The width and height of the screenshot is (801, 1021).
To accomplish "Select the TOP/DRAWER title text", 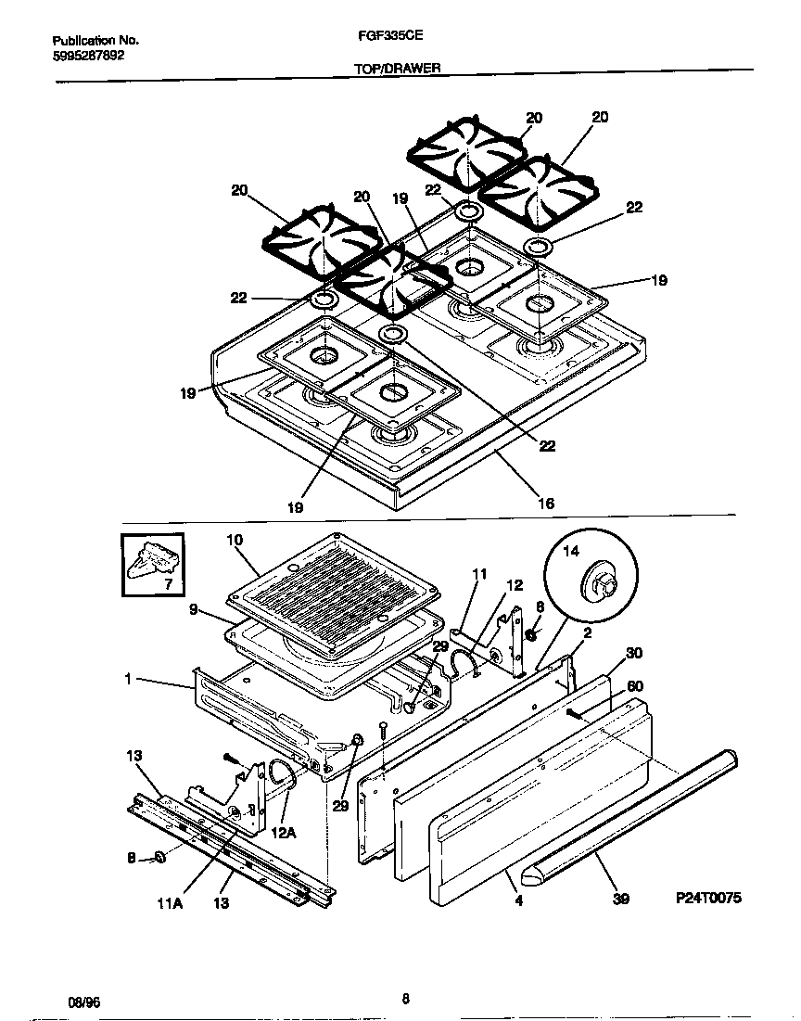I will point(397,68).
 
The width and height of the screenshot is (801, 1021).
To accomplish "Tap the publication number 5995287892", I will point(88,55).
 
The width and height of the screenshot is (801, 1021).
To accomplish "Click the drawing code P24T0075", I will point(709,899).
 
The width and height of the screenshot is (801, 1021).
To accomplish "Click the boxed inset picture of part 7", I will point(153,564).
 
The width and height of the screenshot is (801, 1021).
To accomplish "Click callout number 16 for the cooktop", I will point(546,504).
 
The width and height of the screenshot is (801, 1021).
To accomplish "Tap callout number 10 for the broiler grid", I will point(235,540).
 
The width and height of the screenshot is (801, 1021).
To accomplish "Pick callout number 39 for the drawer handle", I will point(620,899).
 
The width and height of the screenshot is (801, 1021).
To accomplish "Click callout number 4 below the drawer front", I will point(518,899).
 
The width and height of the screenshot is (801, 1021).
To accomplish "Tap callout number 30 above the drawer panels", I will point(633,654).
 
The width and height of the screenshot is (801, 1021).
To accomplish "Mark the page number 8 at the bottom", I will point(405,999).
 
